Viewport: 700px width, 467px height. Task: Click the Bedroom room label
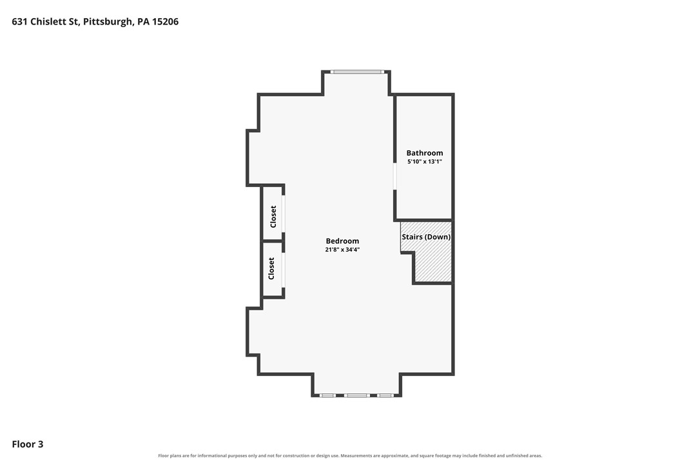342,241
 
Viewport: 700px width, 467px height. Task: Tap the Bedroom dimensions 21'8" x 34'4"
342,250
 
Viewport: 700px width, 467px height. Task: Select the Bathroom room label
425,153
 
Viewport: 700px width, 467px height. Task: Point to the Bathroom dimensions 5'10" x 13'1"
425,162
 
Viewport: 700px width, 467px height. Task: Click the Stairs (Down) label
426,237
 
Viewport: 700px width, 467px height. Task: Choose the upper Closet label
273,216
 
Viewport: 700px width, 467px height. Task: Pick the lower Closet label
271,268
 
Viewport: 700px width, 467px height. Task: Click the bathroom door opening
394,176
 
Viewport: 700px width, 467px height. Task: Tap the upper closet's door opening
283,214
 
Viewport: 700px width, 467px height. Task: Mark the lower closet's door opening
283,270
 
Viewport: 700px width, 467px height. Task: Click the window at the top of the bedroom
356,72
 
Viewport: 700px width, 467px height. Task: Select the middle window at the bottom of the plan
356,395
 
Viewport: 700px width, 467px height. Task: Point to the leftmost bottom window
327,395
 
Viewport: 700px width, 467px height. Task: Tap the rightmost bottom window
385,395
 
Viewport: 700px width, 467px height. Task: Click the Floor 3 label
28,444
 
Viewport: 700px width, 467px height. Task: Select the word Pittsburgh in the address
108,22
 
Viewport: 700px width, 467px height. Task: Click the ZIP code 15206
165,22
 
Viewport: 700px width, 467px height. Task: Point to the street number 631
20,22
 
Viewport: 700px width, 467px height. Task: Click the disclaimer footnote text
350,456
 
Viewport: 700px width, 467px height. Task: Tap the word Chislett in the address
49,22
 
